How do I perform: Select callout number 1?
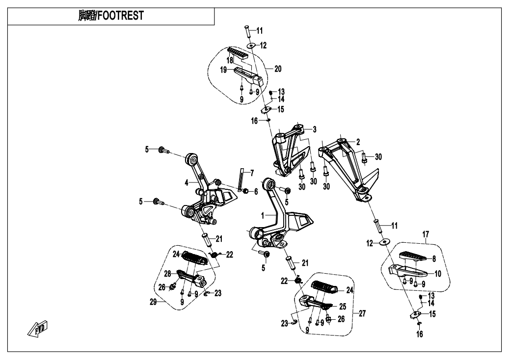[x=263, y=215]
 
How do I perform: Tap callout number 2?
[x=358, y=142]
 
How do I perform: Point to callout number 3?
[x=315, y=129]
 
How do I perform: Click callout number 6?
[x=256, y=191]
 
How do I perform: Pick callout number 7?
[x=252, y=173]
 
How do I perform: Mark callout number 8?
[x=433, y=258]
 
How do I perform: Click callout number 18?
[x=229, y=60]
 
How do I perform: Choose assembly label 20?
[x=278, y=69]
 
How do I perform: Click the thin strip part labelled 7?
[x=241, y=179]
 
